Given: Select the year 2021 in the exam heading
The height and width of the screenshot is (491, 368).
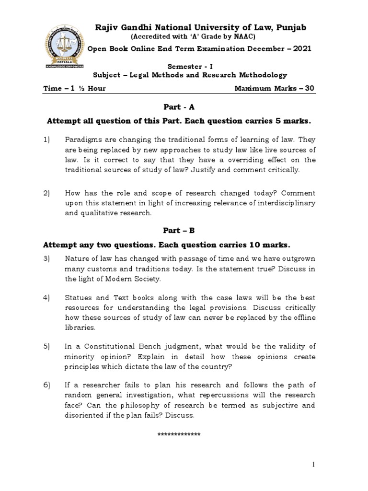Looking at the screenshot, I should (302, 48).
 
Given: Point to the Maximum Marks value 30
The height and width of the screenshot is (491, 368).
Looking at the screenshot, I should (310, 88).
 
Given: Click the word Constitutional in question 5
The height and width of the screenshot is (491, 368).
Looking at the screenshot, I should (109, 346).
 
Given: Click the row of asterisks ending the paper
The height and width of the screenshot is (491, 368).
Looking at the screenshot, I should (179, 434).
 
